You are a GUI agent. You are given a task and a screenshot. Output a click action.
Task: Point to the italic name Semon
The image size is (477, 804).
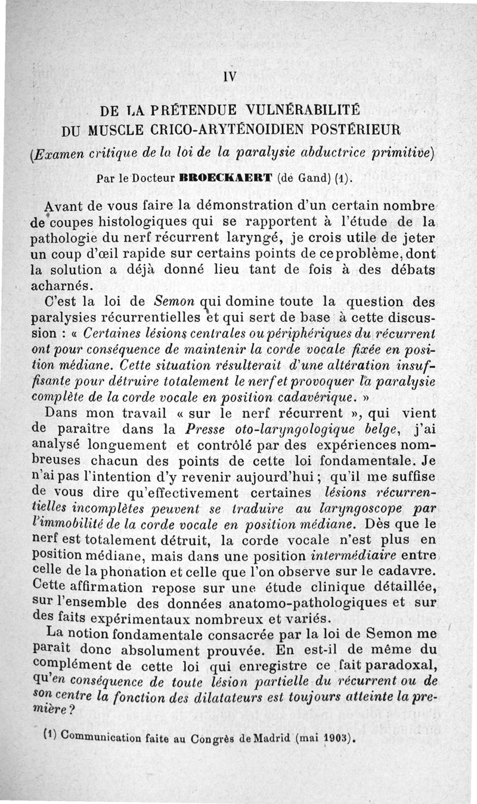point(174,301)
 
